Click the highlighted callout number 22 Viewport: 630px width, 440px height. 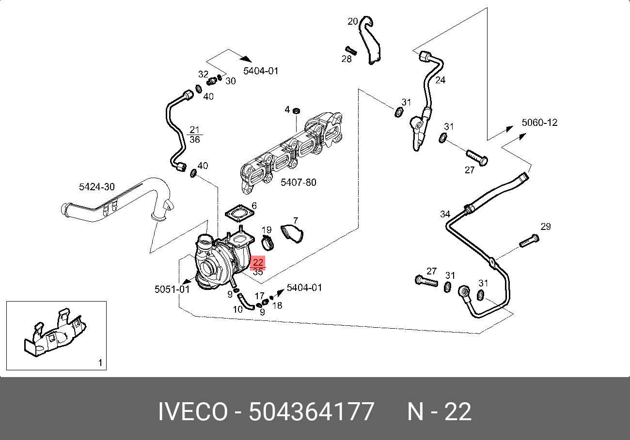258,262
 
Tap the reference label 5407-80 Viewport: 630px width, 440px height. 299,182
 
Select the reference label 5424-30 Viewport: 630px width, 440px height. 97,187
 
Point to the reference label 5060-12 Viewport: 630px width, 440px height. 539,122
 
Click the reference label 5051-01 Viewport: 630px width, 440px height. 172,289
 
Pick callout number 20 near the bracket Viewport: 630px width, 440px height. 353,21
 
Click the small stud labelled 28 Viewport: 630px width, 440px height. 351,50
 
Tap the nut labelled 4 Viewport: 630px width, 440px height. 296,111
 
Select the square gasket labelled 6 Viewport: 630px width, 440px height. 239,214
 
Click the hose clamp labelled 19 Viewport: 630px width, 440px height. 267,243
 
